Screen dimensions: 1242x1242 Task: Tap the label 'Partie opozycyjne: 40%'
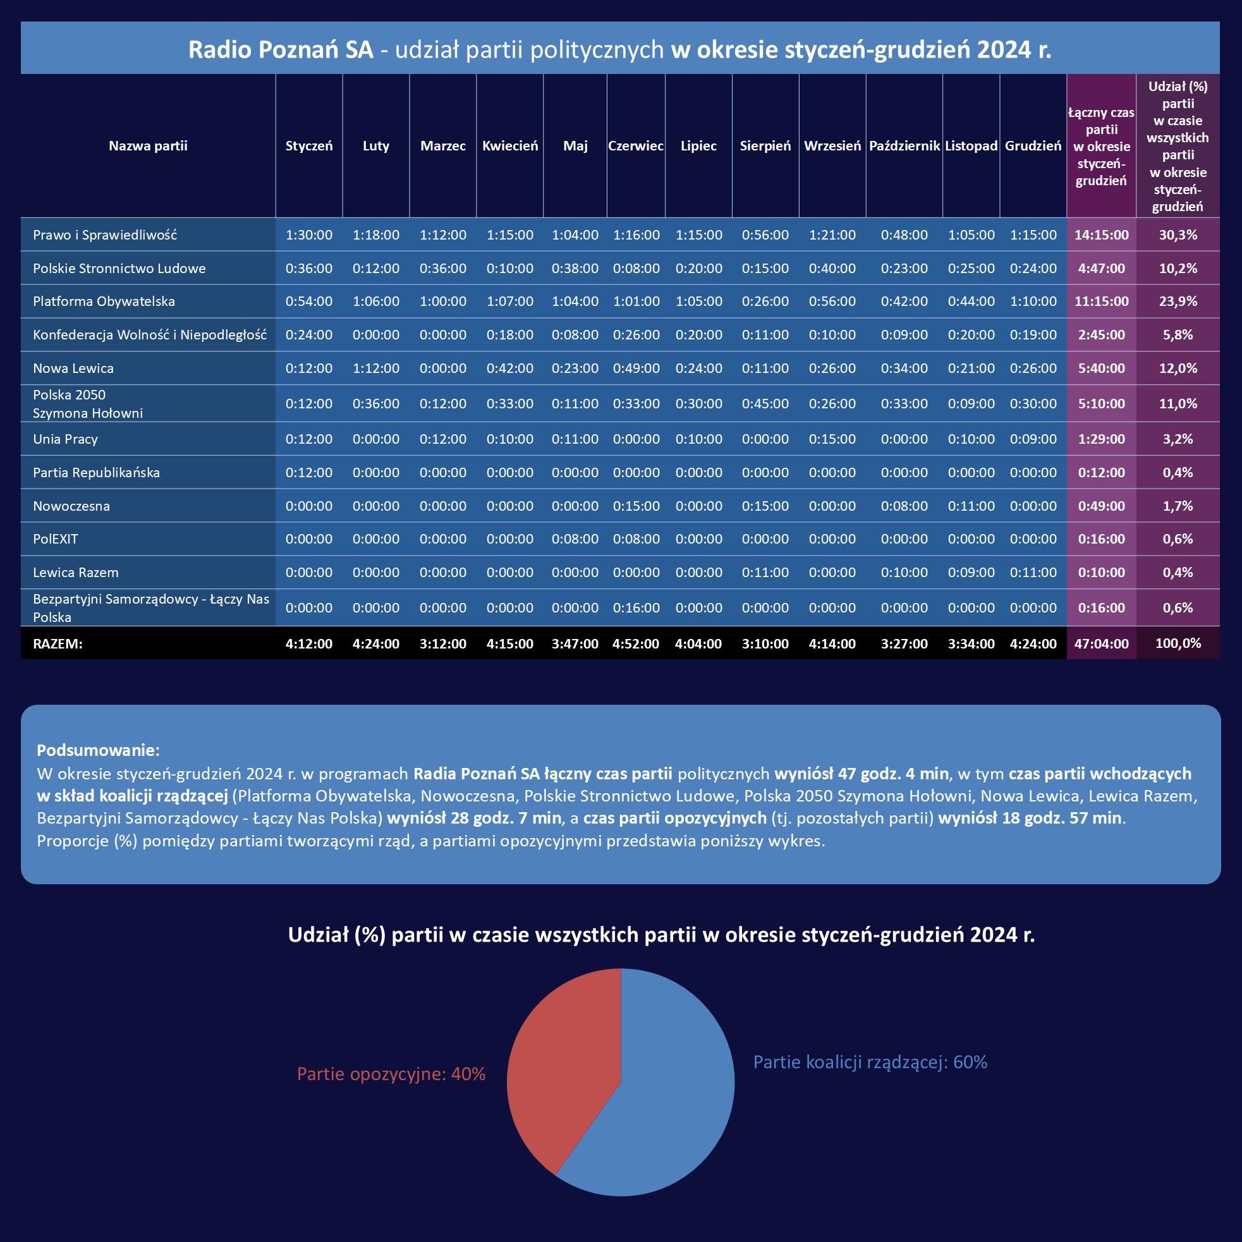391,1075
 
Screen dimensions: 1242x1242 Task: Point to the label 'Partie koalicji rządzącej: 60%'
870,1062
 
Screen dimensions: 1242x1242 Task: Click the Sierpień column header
765,146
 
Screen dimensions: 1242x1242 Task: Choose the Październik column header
904,146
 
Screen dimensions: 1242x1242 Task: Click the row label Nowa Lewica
73,368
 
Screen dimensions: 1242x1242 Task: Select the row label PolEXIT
55,539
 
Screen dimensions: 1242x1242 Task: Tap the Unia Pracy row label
66,439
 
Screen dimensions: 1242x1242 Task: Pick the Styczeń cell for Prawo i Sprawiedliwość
309,235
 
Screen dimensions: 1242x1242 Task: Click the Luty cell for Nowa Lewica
376,368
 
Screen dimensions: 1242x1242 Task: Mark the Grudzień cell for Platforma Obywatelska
1033,301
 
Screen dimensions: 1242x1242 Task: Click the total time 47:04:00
1101,643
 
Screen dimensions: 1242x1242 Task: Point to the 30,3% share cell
1178,235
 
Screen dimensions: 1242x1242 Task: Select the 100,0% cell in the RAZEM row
1178,643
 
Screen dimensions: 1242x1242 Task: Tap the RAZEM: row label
58,643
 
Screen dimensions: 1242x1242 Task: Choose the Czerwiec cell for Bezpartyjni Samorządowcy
636,608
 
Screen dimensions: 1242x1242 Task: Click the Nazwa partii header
148,146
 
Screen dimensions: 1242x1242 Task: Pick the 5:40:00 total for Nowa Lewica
1101,368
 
